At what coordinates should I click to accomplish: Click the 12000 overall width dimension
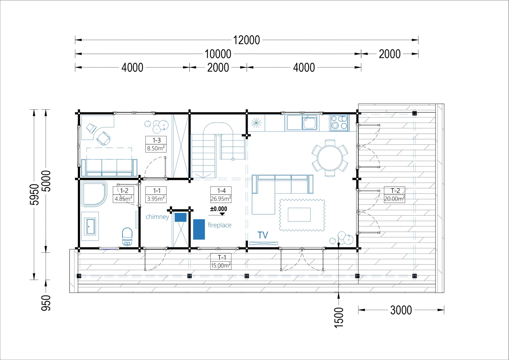[x=247, y=40]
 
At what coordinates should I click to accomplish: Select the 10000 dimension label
[x=218, y=54]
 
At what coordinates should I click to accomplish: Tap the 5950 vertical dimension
[x=34, y=194]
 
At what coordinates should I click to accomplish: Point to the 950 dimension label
[x=46, y=303]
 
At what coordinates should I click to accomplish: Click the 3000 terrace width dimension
[x=401, y=310]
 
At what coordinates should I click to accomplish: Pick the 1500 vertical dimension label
[x=338, y=318]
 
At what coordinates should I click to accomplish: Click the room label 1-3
[x=156, y=140]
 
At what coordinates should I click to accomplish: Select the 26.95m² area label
[x=221, y=199]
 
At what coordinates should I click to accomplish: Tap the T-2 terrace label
[x=395, y=191]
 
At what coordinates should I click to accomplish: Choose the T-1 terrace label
[x=222, y=257]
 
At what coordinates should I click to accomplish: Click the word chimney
[x=157, y=217]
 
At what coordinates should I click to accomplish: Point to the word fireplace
[x=220, y=225]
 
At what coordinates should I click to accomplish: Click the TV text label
[x=263, y=235]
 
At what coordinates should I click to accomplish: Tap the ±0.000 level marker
[x=219, y=209]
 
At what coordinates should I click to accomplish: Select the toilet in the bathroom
[x=127, y=237]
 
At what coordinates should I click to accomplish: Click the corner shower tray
[x=94, y=194]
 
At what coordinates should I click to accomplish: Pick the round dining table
[x=330, y=158]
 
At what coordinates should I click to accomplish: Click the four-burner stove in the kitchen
[x=339, y=123]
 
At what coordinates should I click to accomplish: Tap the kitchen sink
[x=310, y=123]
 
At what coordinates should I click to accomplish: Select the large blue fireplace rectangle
[x=199, y=229]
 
